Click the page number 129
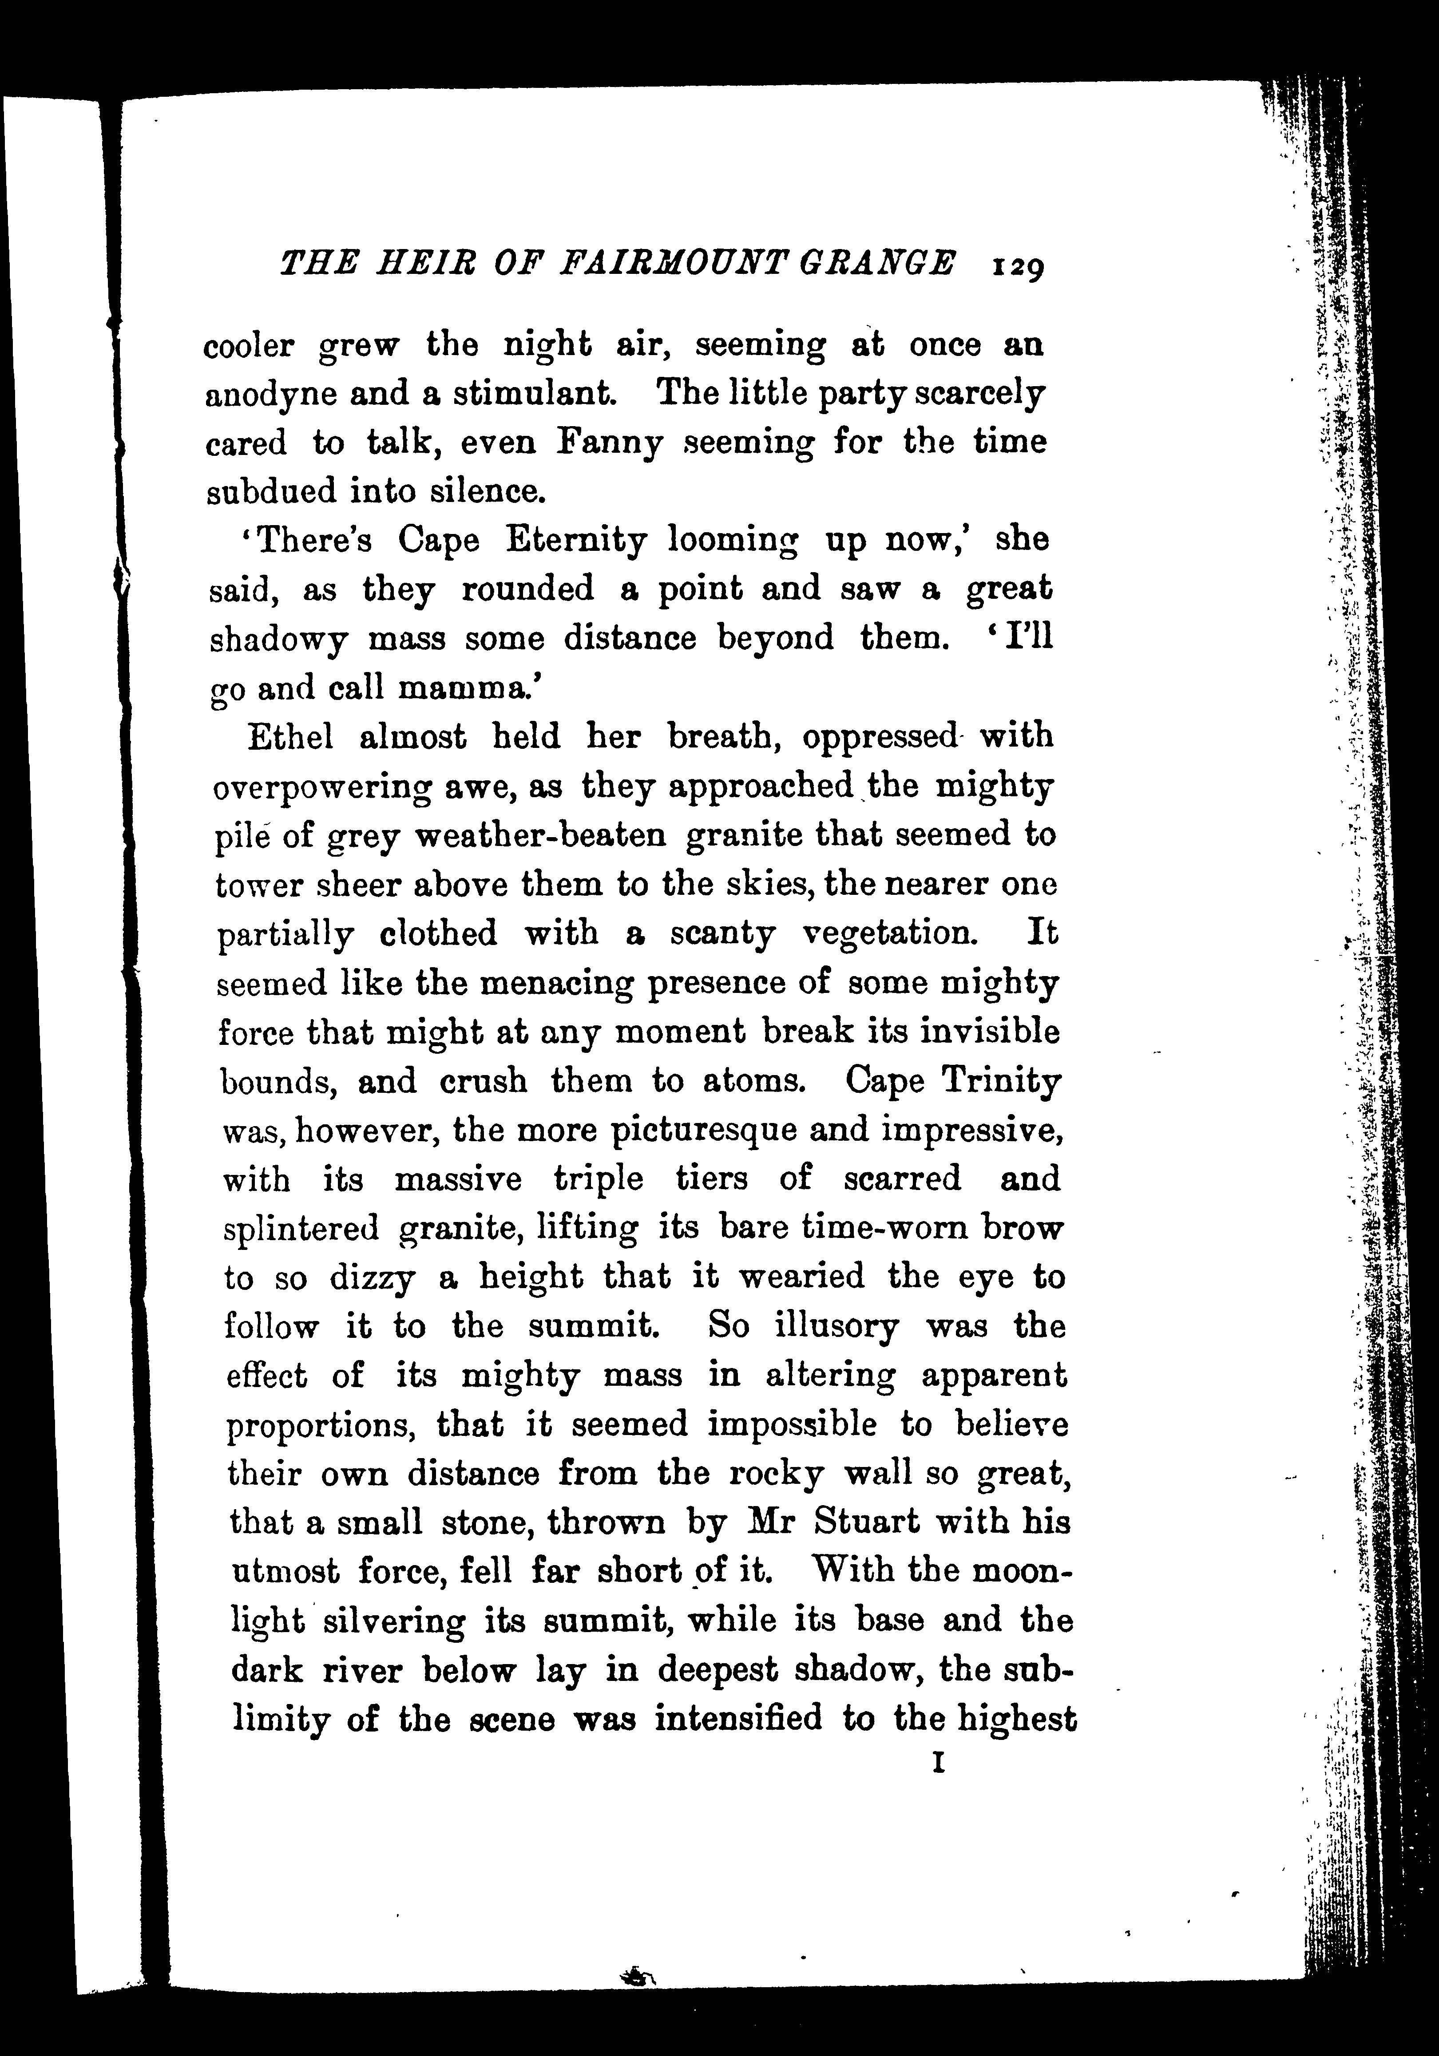(x=1017, y=266)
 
